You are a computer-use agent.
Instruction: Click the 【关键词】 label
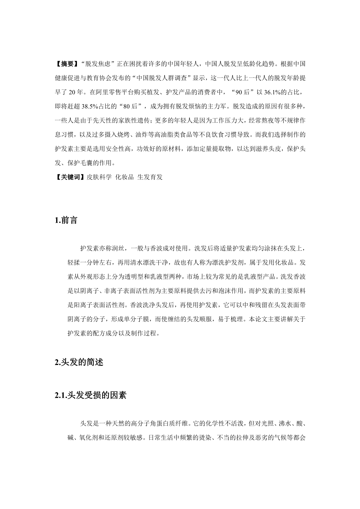pos(70,177)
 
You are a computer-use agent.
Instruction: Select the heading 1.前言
pos(66,220)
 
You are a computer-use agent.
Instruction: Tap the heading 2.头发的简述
pos(79,362)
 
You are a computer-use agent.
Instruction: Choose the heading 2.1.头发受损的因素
pos(90,395)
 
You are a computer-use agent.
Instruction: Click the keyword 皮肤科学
pos(99,177)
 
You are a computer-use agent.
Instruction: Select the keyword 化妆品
pos(125,177)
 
